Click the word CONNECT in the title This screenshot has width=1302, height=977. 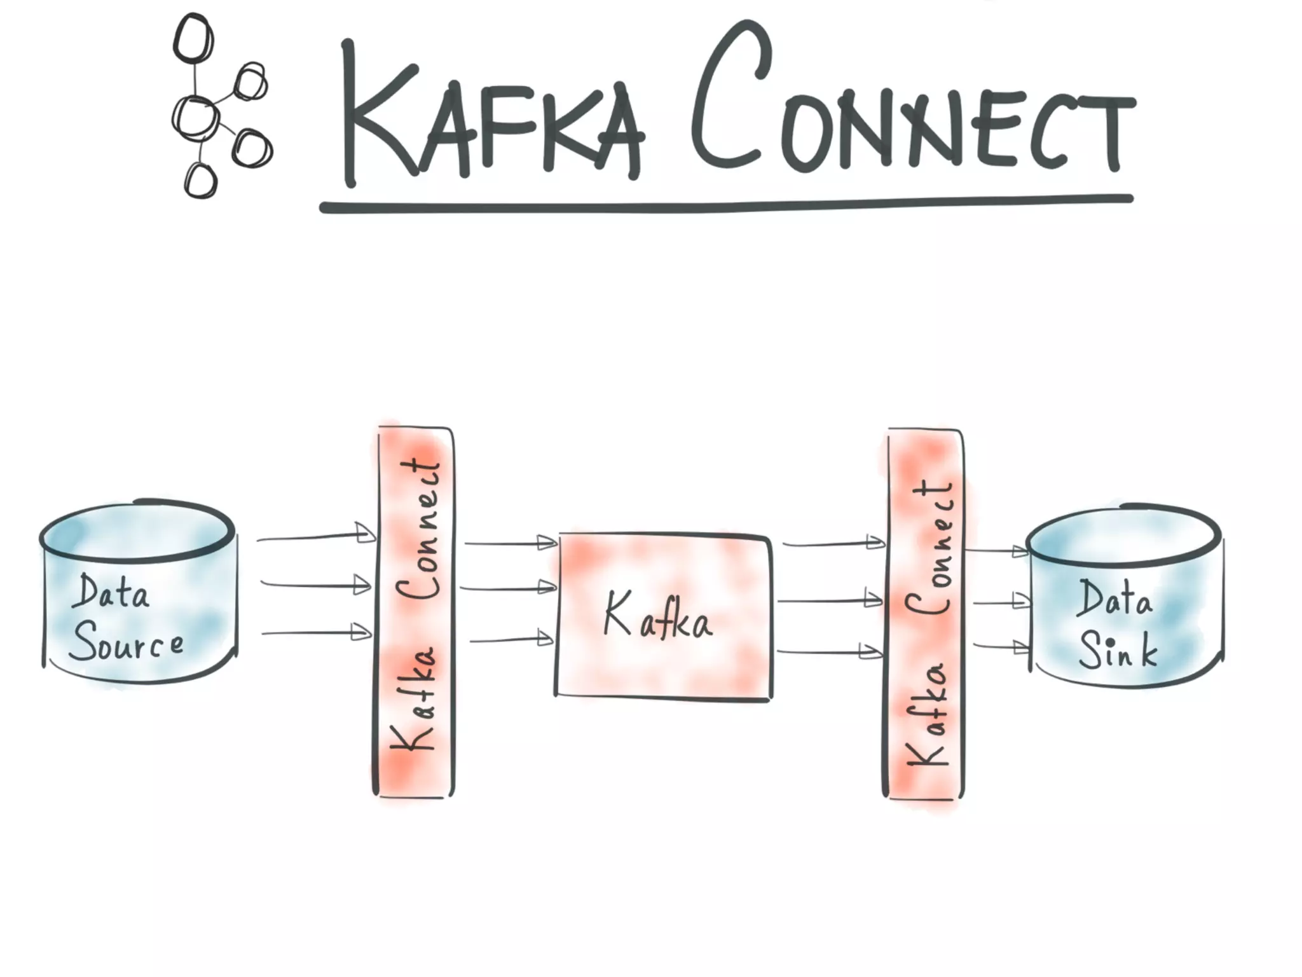tap(909, 108)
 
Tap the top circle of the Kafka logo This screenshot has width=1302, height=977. tap(193, 38)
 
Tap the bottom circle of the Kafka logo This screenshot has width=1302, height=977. tap(200, 181)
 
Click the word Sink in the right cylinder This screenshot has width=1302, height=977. tap(1117, 650)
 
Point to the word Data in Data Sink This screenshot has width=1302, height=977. tap(1114, 598)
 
